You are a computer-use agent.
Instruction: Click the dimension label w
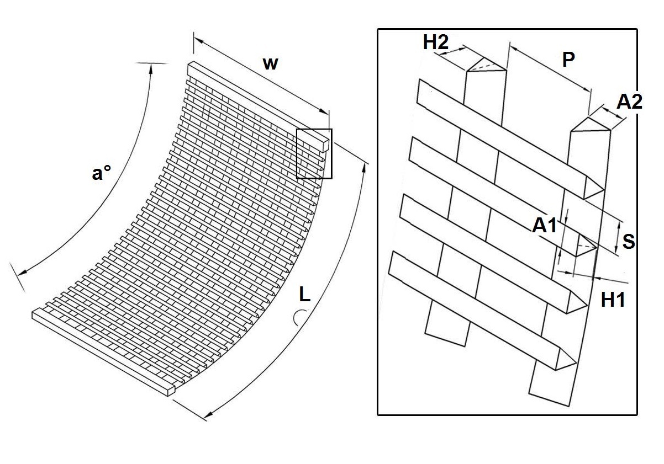coord(270,63)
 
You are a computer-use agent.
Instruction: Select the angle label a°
coord(101,173)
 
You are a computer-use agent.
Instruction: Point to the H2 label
coord(436,44)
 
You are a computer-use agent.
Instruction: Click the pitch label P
coord(568,60)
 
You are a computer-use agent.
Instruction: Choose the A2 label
coord(629,102)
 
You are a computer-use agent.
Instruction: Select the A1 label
coord(544,225)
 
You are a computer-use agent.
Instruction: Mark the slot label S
coord(628,241)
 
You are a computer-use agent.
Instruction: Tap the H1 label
coord(613,300)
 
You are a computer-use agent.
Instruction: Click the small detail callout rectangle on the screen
coord(314,153)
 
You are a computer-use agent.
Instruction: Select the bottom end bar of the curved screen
coord(102,351)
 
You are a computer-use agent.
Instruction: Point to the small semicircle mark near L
coord(299,317)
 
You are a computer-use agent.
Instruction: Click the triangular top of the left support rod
coord(486,65)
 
